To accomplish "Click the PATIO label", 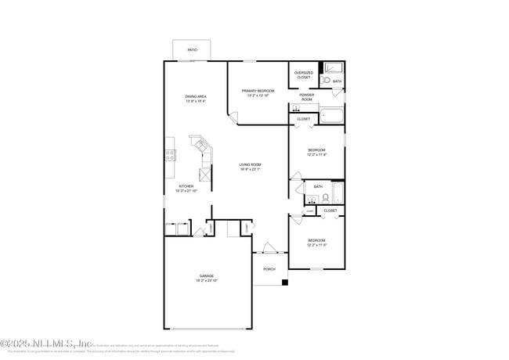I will click(192, 50).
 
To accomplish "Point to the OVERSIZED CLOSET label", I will click(303, 75).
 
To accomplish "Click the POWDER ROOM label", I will click(306, 98).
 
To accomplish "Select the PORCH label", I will click(269, 268).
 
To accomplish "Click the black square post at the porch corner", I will click(285, 283).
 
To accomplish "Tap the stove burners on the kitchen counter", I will click(169, 155).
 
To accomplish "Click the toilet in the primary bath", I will click(326, 81).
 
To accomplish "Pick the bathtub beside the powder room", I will click(332, 117).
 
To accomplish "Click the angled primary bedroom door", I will click(233, 118).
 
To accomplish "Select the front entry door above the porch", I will click(269, 251).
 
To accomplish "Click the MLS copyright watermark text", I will click(47, 342).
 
